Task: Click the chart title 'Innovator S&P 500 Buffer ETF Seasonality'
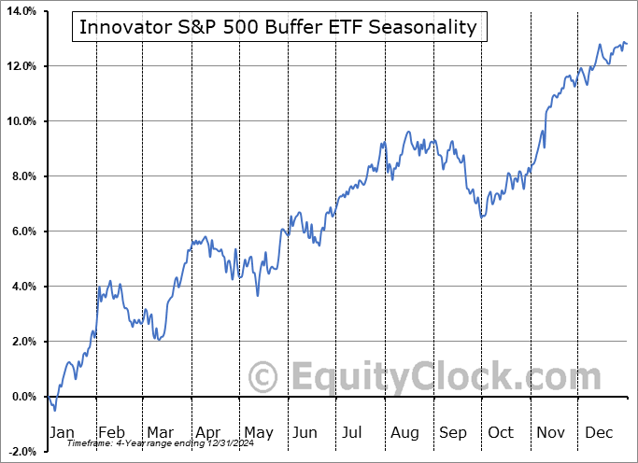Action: (278, 27)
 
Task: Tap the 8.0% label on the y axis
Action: (21, 176)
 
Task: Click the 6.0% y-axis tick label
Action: (21, 231)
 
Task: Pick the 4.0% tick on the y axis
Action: (21, 287)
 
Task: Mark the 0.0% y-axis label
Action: (21, 397)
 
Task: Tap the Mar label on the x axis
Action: (160, 432)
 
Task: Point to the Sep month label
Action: (453, 432)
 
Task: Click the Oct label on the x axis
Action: (501, 432)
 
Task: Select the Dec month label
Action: (598, 432)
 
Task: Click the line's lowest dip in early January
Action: (55, 410)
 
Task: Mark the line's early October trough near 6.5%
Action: (481, 217)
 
